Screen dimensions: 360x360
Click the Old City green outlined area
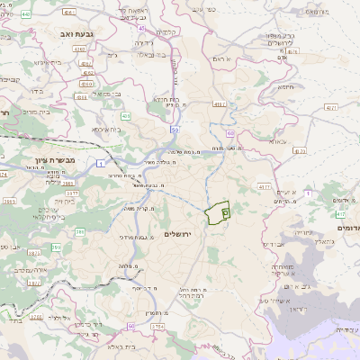(x=216, y=214)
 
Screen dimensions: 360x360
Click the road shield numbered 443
(x=25, y=14)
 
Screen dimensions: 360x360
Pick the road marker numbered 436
(x=125, y=116)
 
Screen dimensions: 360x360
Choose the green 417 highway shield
(x=339, y=215)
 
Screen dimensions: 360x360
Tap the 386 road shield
(x=80, y=232)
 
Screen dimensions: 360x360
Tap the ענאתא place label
(x=275, y=142)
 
